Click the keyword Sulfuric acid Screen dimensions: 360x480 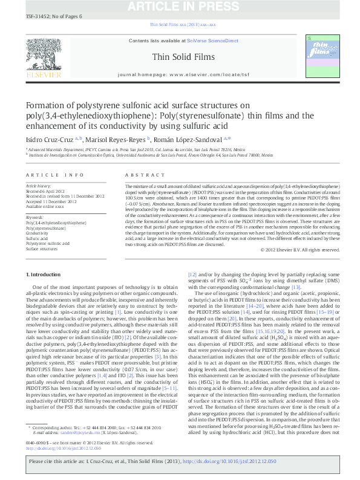point(36,239)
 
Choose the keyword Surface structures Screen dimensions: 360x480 point(41,248)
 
